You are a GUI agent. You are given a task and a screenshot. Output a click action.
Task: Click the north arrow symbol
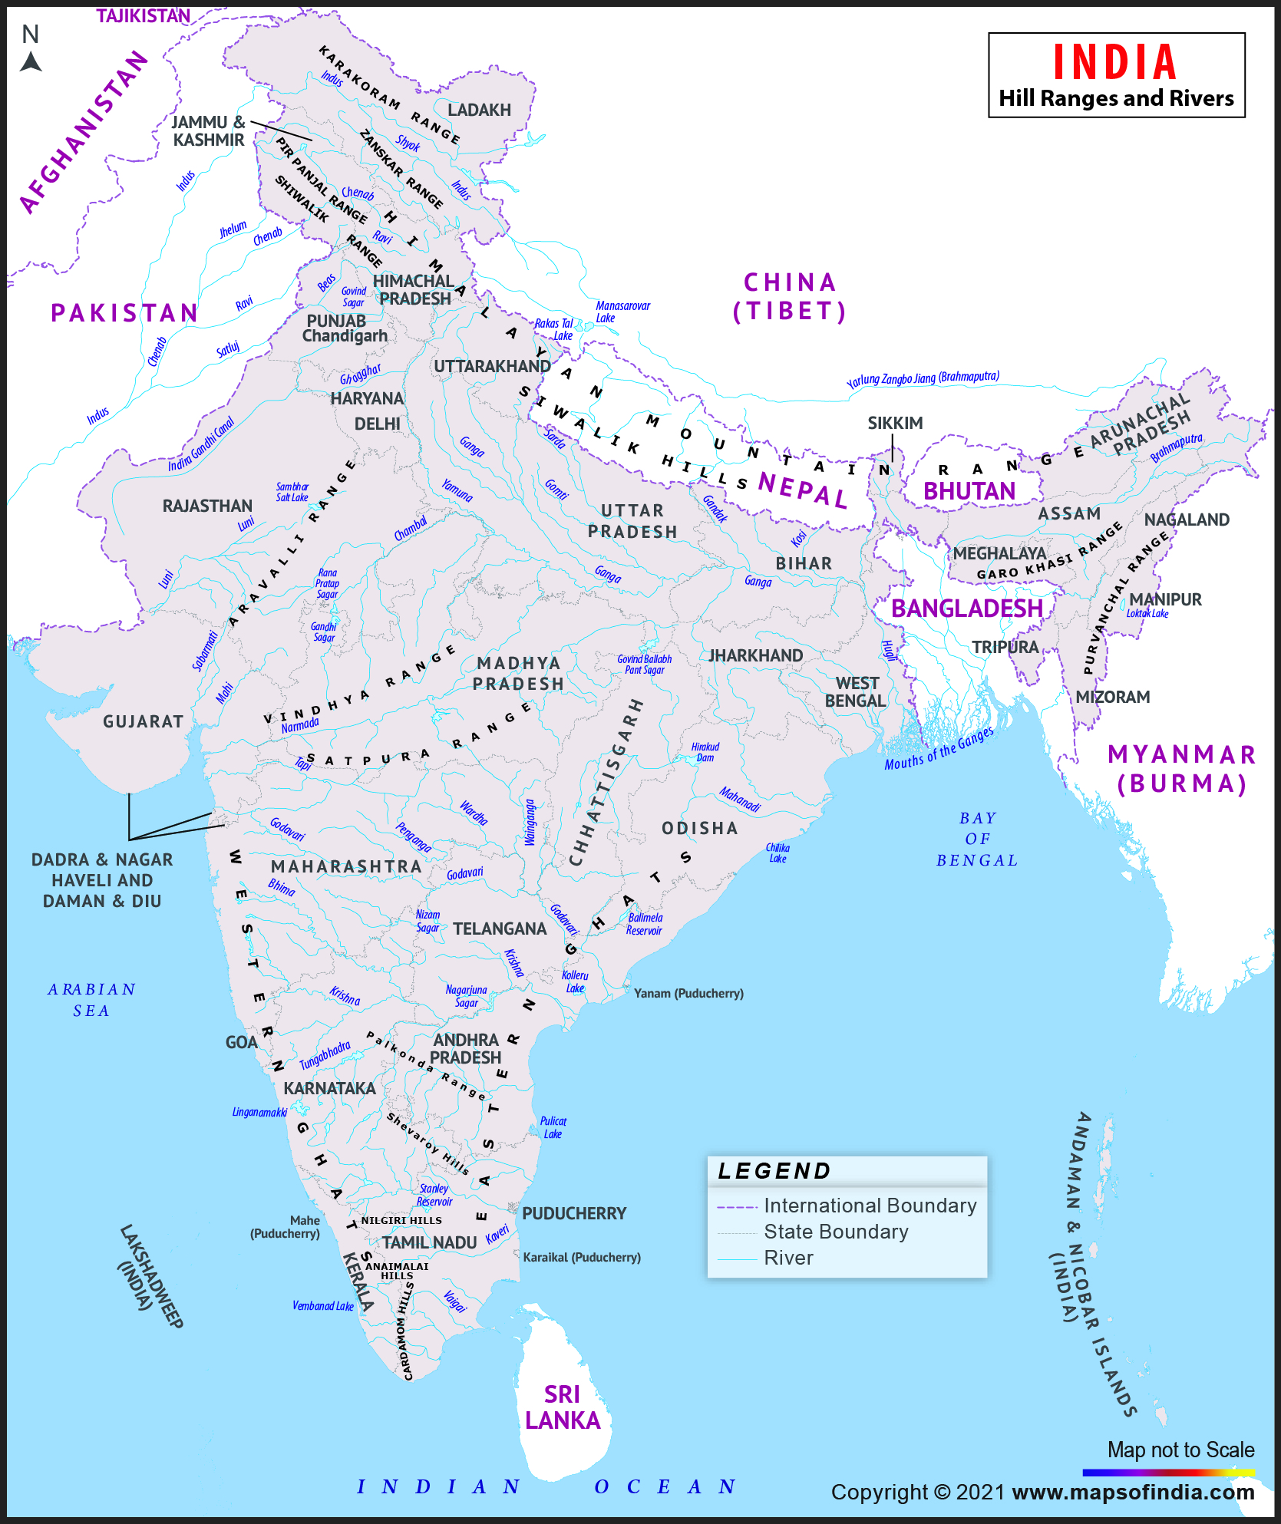tap(31, 60)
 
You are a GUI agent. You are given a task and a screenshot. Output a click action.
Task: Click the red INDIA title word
tap(1114, 63)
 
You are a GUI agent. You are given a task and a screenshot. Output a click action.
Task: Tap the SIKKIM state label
tap(895, 423)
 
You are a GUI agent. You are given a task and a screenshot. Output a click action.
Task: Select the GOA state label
tap(241, 1042)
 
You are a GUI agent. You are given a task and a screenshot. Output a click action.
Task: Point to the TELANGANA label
tap(500, 929)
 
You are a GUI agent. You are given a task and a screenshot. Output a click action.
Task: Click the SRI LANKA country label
tap(563, 1407)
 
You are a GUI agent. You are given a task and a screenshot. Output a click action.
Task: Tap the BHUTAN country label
tap(969, 491)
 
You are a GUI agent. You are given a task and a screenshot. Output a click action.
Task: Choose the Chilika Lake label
tap(778, 853)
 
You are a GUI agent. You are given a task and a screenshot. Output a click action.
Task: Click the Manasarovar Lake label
tap(622, 312)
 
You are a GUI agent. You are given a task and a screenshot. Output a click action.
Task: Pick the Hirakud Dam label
tap(705, 752)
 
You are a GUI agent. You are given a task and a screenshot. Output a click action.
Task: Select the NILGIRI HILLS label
tap(401, 1220)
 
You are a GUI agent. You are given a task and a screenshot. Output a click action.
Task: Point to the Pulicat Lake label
tap(553, 1127)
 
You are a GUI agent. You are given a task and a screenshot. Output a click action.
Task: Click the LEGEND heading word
tap(774, 1171)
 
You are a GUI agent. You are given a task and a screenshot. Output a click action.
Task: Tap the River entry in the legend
tap(788, 1258)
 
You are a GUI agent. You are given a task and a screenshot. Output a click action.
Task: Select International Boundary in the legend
tap(870, 1206)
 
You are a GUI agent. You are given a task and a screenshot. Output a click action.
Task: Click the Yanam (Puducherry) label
tap(688, 993)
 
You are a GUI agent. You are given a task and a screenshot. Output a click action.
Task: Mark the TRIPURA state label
tap(1005, 647)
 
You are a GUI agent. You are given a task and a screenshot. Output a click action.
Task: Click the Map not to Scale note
tap(1180, 1450)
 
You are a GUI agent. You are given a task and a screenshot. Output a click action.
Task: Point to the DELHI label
tap(377, 424)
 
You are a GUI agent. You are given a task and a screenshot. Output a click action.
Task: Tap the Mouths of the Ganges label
tap(939, 748)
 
